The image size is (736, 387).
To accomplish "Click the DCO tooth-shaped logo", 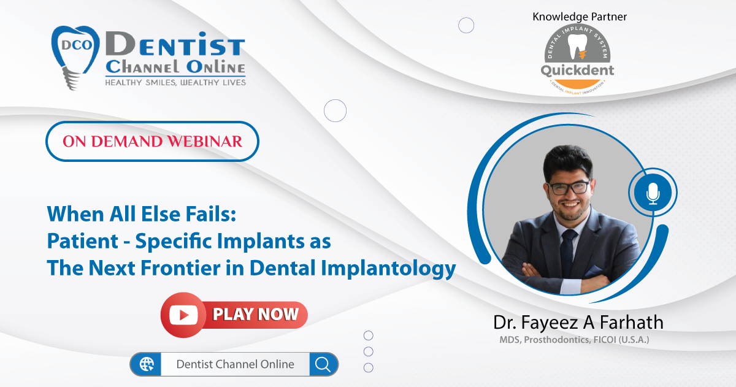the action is tap(75, 56).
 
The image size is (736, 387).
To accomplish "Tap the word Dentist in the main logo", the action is tap(175, 44).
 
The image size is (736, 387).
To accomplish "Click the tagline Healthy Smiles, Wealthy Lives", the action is tap(175, 82).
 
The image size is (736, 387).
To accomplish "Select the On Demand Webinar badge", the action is tap(153, 141).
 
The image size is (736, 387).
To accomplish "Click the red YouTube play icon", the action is tap(183, 315).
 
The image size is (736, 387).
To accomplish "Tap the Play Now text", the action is tap(256, 314).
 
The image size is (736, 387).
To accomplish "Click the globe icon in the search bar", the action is tap(147, 364).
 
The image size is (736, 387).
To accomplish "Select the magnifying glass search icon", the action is tap(323, 364).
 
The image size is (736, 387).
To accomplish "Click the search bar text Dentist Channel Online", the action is tap(236, 364).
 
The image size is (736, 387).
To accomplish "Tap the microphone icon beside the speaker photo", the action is tap(653, 193).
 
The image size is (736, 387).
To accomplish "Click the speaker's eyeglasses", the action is tap(569, 188).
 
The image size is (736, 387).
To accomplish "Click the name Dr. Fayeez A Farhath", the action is tap(578, 322).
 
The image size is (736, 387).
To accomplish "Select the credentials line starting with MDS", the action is tap(574, 340).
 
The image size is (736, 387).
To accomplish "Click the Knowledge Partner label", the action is tap(580, 17).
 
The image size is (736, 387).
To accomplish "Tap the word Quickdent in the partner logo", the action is tap(577, 71).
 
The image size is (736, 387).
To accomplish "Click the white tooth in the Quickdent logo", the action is tap(577, 47).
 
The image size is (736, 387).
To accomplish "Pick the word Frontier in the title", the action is tap(181, 268).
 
